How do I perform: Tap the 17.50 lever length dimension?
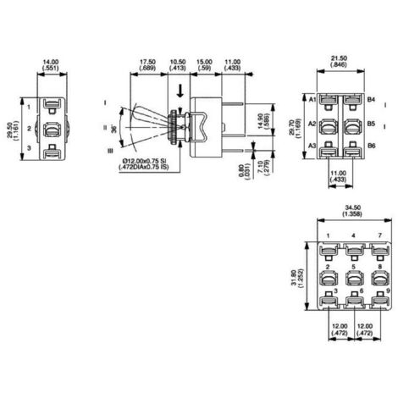click(x=147, y=63)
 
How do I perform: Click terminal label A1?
click(x=312, y=100)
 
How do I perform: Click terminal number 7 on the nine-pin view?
click(x=380, y=236)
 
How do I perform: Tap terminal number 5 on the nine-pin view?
click(x=355, y=266)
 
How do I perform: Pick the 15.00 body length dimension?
click(x=205, y=63)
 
